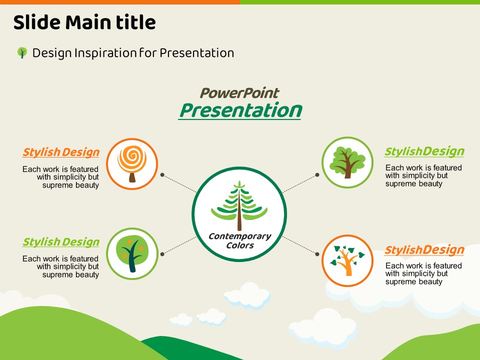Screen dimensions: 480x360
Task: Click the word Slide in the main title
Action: (36, 22)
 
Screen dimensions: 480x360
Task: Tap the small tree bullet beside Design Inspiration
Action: (22, 52)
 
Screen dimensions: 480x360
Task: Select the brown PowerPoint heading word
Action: (239, 93)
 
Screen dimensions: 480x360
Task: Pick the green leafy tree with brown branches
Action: (347, 162)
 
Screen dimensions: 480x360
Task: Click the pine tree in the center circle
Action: (239, 205)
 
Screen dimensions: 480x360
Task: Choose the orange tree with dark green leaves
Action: (347, 260)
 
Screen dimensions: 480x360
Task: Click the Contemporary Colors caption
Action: (239, 240)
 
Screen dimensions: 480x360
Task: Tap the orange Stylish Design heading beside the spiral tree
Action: (61, 152)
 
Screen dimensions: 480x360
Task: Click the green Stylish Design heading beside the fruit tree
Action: (61, 242)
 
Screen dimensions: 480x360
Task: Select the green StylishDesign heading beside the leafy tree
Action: (424, 151)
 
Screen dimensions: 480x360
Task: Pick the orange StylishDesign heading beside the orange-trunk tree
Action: (424, 250)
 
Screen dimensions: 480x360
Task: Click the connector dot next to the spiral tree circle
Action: (162, 175)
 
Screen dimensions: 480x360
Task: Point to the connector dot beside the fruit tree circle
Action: (162, 254)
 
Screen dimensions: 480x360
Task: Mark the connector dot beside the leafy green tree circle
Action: (317, 175)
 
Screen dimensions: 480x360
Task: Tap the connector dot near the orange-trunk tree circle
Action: (317, 254)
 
